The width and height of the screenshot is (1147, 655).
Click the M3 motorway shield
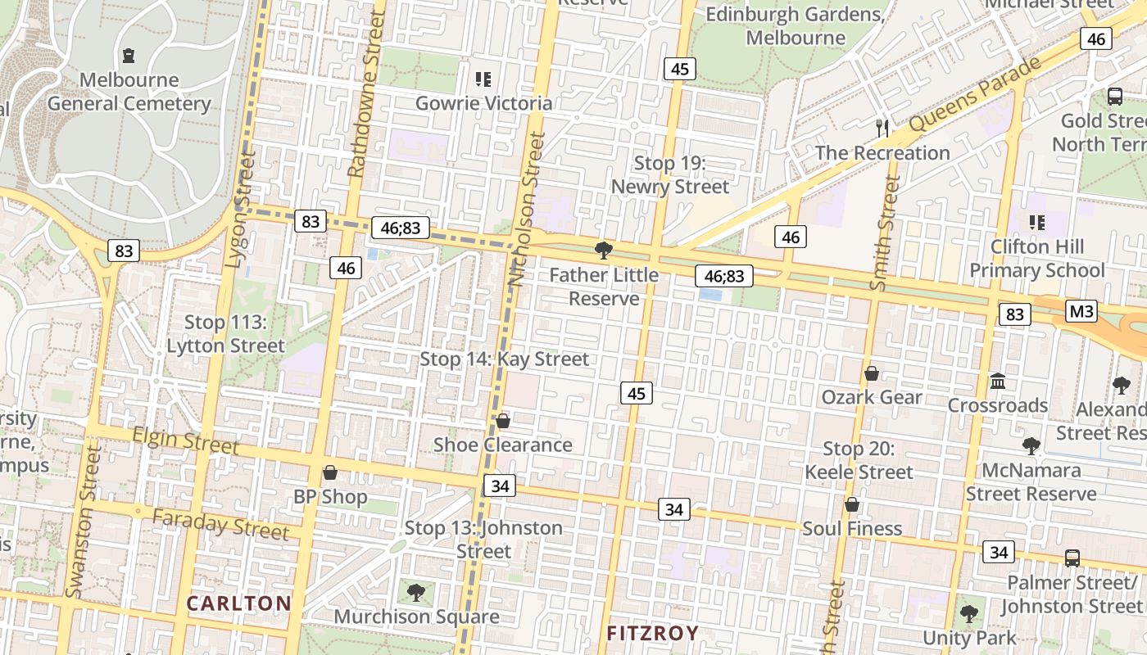pos(1081,311)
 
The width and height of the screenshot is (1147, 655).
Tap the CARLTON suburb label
pos(238,603)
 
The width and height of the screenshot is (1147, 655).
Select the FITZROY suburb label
pos(653,633)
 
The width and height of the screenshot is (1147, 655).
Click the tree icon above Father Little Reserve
pos(604,250)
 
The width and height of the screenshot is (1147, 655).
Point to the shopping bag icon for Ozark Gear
pos(872,373)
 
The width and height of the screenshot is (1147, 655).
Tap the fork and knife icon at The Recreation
pos(882,128)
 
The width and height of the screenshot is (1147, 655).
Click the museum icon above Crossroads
pos(998,381)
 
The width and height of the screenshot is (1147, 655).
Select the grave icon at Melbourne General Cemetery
pos(129,56)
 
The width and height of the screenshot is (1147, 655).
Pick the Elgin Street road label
pos(186,440)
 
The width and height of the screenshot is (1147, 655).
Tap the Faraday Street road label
pos(221,524)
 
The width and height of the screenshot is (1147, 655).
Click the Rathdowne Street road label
pos(365,94)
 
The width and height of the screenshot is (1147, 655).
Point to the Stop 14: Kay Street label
pos(504,359)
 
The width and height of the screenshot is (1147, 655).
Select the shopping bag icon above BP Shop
pos(330,472)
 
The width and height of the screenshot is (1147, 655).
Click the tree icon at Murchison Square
pos(416,592)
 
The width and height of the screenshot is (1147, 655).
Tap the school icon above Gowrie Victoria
pos(483,79)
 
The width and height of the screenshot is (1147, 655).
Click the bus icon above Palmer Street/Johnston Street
pos(1072,558)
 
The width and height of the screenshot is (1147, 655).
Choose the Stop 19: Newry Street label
pos(670,175)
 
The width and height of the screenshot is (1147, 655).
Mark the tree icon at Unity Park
pos(969,613)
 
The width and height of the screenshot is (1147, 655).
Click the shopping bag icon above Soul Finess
pos(852,504)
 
